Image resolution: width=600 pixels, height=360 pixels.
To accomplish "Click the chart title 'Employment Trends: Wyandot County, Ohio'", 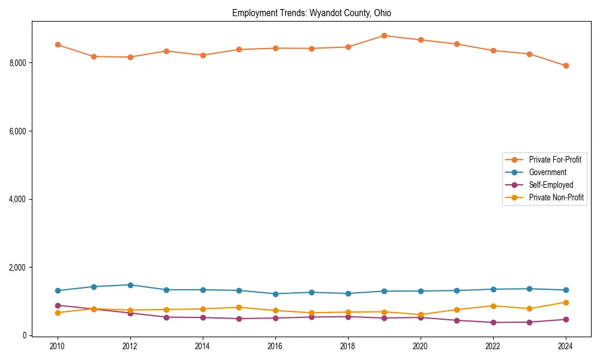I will coord(311,13).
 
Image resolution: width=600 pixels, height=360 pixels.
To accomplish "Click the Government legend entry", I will coord(547,172).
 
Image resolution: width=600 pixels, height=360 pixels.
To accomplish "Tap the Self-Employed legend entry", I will coord(551,185).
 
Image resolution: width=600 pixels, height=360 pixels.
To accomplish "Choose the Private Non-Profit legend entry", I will coord(556,197).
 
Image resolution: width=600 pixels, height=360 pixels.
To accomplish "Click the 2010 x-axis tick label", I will coord(58,346).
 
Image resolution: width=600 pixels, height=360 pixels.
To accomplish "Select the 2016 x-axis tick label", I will coord(275,346).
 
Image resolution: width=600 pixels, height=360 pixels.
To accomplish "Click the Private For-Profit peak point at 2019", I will coord(384,35).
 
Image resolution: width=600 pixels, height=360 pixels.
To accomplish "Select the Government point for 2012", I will coord(130,285).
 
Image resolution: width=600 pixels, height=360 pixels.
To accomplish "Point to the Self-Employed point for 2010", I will coord(58,305).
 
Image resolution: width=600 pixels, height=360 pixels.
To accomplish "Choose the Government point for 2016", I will coord(275,294).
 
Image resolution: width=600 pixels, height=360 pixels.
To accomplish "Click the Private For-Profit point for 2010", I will coord(58,44).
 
